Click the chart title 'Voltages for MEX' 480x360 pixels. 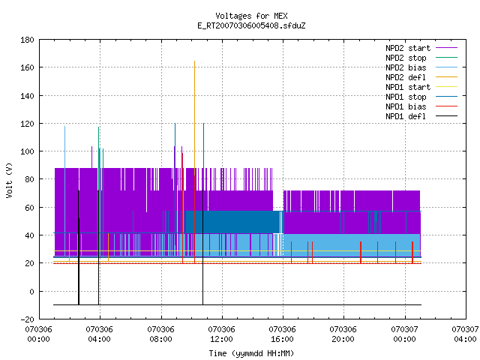[x=251, y=16]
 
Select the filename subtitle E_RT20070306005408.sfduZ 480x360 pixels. [x=251, y=25]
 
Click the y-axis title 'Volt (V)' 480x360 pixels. [x=9, y=180]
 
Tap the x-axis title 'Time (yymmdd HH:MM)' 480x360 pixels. [x=251, y=353]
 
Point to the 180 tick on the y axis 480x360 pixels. [x=27, y=40]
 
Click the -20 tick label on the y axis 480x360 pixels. [x=27, y=319]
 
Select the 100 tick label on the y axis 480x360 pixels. [x=27, y=151]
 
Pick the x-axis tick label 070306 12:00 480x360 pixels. [x=222, y=334]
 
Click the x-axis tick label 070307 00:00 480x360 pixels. [x=405, y=334]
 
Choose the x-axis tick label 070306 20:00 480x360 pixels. [x=343, y=334]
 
